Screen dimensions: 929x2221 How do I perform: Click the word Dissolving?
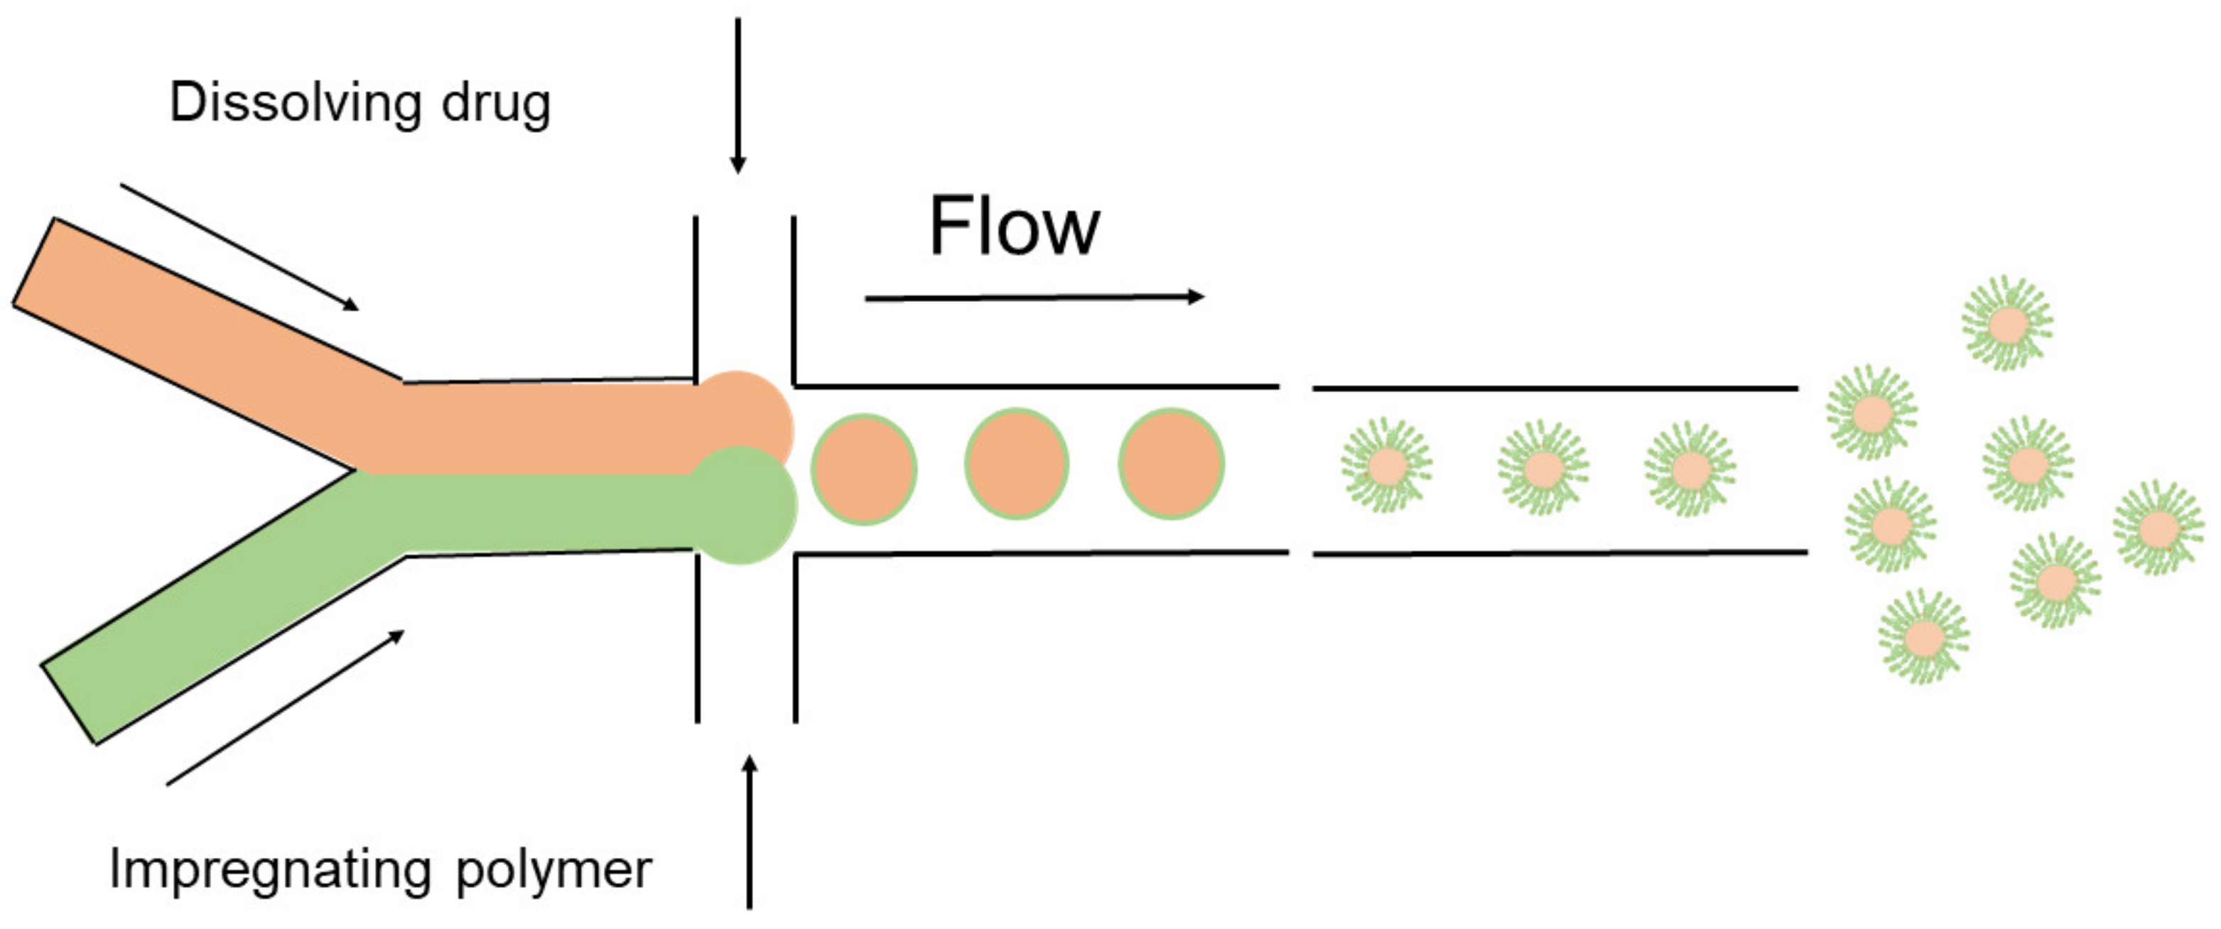click(294, 104)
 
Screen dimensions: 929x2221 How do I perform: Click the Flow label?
click(1014, 227)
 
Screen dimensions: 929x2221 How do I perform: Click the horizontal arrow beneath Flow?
click(1034, 298)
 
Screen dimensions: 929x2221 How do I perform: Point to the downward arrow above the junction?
click(738, 94)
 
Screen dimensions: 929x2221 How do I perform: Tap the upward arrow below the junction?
click(750, 832)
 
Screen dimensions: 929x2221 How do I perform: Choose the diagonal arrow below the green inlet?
click(284, 707)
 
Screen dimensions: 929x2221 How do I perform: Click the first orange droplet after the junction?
click(863, 469)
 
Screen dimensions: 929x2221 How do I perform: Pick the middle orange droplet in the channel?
click(1017, 464)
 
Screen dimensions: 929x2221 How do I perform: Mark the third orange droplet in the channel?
click(1171, 464)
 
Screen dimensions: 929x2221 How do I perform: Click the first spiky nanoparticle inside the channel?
click(1386, 466)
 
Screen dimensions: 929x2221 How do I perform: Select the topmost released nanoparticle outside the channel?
click(2007, 324)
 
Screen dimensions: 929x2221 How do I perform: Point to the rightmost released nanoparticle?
click(2158, 528)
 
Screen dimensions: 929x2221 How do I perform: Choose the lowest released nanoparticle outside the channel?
click(1923, 637)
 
